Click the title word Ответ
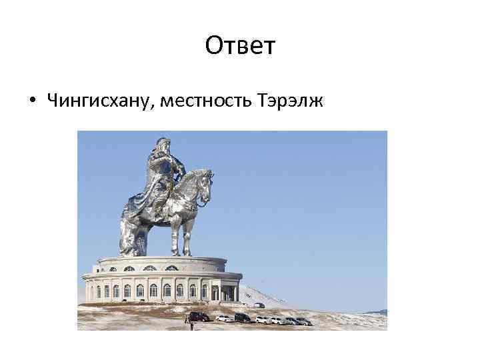[x=239, y=47]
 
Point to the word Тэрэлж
[x=287, y=101]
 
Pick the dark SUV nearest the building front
[x=199, y=316]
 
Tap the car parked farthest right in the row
[x=304, y=321]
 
